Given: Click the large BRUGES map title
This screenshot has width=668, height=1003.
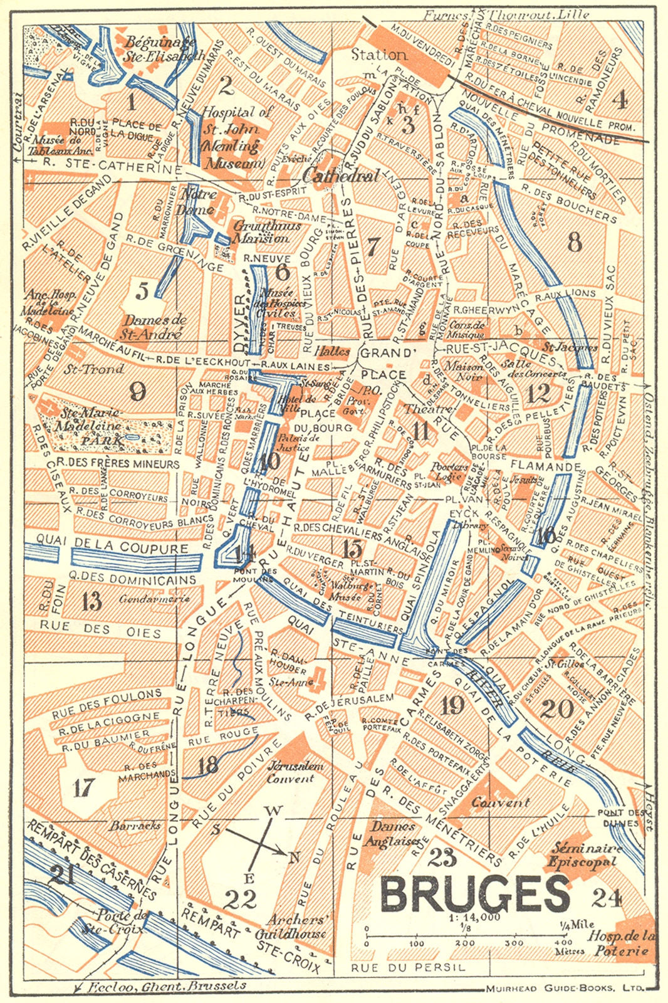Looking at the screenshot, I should click(x=474, y=893).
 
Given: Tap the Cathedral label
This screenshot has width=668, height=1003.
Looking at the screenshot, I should click(x=341, y=176).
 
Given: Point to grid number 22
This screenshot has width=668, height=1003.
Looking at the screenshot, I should click(x=241, y=900).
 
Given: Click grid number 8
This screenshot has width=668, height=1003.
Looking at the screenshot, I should click(x=574, y=241).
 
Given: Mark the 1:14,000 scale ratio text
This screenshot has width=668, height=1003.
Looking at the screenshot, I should click(x=474, y=917).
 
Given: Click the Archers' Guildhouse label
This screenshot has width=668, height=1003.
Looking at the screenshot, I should click(x=297, y=927).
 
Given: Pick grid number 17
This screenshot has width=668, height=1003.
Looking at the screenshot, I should click(x=83, y=787).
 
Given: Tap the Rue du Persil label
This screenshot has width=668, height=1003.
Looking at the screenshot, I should click(x=408, y=967).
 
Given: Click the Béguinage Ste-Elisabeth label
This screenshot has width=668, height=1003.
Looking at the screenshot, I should click(x=161, y=48).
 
